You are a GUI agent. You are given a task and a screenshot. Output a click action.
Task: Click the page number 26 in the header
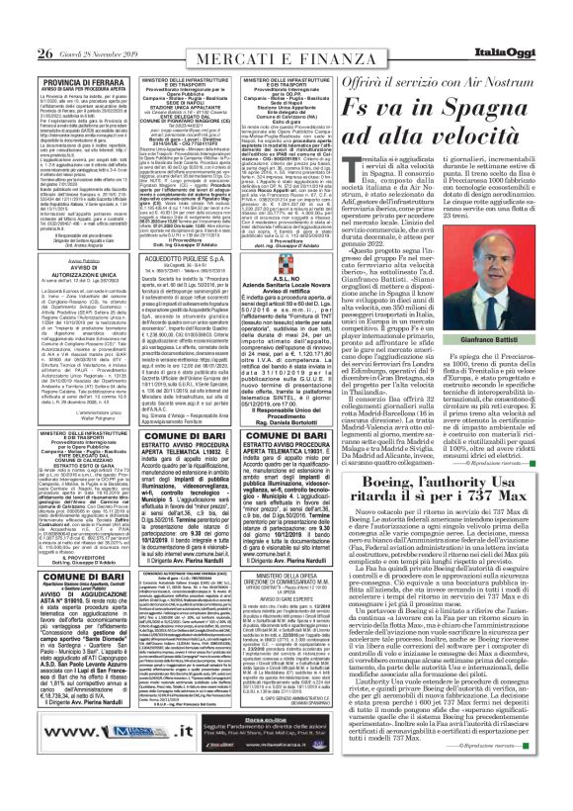tap(17, 26)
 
